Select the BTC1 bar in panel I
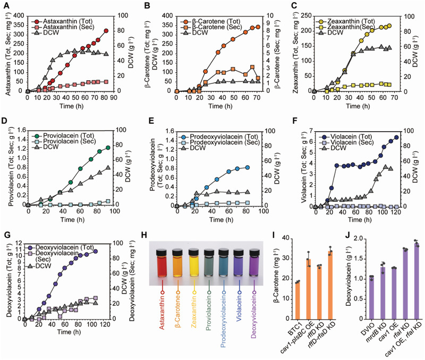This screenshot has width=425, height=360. [x=297, y=301]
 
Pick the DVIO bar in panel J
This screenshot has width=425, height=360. [x=371, y=299]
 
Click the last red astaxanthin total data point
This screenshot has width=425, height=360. [x=106, y=31]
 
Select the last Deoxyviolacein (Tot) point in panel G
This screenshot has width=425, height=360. [x=96, y=251]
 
